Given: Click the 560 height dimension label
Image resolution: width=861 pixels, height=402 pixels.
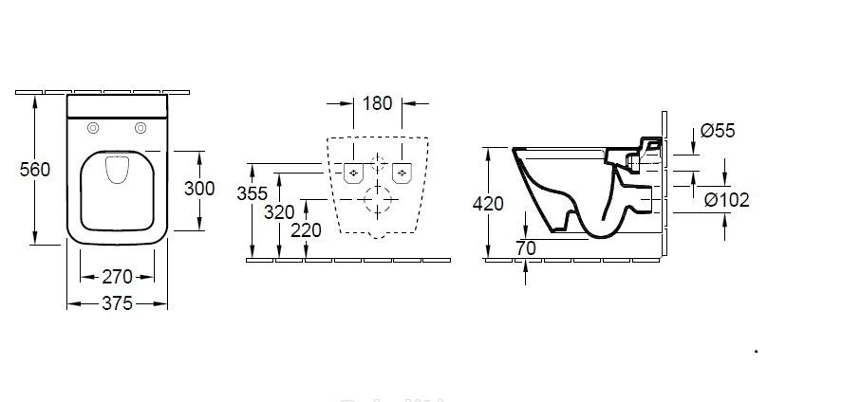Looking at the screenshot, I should [35, 170].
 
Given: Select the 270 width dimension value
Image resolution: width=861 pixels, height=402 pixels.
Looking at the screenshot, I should [117, 277].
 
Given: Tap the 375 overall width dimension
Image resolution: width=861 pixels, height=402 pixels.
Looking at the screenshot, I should [117, 303].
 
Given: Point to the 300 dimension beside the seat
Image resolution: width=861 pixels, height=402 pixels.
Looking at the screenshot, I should [199, 189].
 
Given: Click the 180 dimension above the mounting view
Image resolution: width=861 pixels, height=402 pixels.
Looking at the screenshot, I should [377, 103].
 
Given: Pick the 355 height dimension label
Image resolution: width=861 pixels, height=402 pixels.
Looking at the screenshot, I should [251, 192].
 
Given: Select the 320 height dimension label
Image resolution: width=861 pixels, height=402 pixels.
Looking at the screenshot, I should [279, 212].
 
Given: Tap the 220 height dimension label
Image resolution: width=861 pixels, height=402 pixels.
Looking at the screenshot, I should [306, 230].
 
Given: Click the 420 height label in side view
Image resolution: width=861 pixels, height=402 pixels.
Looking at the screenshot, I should [487, 203].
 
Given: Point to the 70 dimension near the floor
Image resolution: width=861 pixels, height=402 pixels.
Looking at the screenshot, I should [526, 248].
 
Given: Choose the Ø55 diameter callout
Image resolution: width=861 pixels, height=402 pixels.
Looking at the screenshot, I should [719, 132].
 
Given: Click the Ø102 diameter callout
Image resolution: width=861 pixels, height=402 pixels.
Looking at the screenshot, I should [727, 199].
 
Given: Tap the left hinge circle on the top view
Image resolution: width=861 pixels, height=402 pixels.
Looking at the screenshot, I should [94, 129].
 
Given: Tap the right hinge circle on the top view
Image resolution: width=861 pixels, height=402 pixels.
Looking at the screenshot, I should [141, 129].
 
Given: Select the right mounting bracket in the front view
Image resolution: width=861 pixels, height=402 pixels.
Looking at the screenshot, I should [402, 173].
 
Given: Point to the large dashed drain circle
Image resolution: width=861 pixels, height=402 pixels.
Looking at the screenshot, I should [378, 200].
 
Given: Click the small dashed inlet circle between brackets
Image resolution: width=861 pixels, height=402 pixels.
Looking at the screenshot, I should [378, 160].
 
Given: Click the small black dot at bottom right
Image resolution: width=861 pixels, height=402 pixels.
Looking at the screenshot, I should [756, 351].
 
